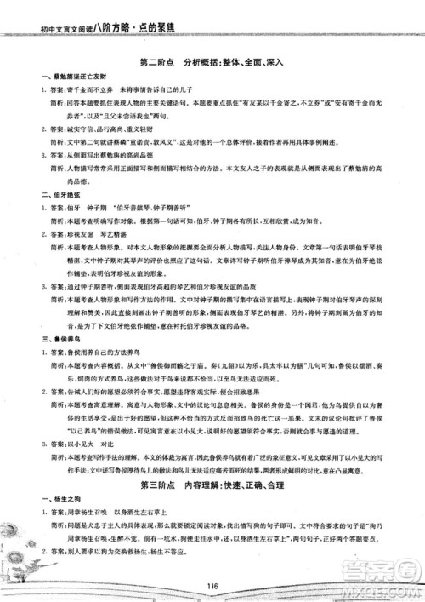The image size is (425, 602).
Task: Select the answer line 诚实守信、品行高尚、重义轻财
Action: (x=105, y=129)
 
